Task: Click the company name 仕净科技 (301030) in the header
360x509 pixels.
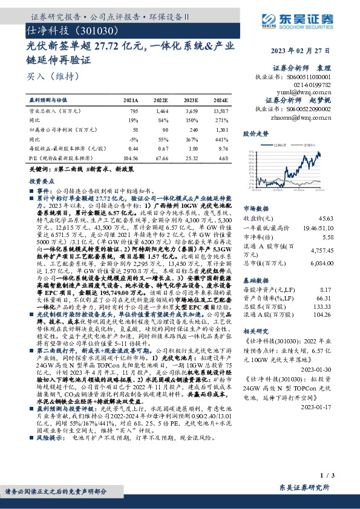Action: coord(67,29)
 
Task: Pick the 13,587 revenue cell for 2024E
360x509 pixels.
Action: coord(220,111)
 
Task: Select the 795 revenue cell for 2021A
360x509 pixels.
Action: coord(134,111)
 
